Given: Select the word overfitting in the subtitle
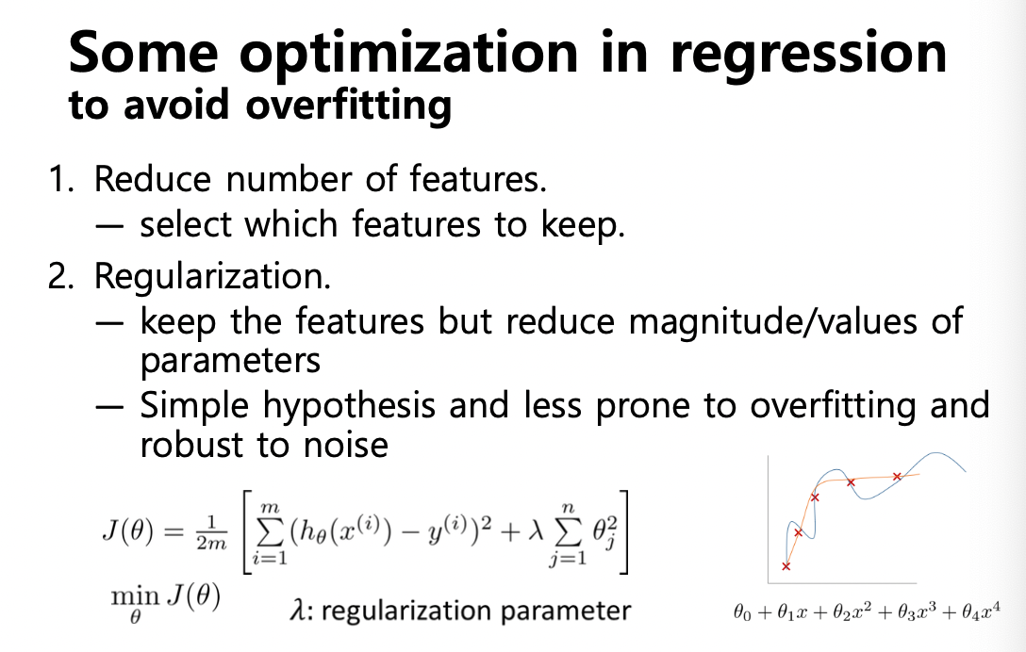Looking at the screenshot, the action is tap(348, 106).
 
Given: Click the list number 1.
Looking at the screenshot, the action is tap(61, 178).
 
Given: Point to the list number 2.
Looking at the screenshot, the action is tap(61, 275).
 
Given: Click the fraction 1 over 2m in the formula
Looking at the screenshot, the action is tap(211, 533).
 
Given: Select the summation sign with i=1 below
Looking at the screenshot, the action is tap(268, 533).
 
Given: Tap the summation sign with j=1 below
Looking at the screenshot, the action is tap(568, 533).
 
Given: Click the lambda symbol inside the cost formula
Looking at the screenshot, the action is tap(536, 531).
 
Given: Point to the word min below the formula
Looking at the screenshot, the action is tap(136, 596).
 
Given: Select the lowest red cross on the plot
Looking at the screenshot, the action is tap(786, 566).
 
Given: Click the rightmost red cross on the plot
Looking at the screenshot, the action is tap(897, 477).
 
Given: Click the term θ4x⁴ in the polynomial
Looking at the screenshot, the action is tap(981, 611).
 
